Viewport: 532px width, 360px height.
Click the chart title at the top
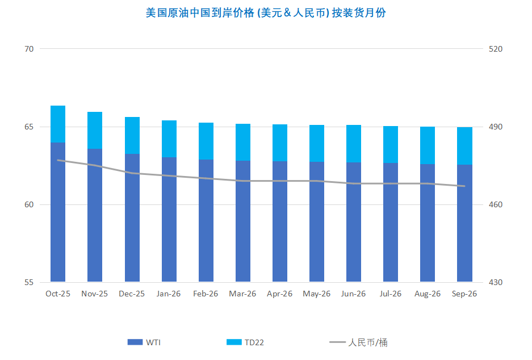coord(266,12)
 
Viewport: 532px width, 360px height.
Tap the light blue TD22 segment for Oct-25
coord(58,124)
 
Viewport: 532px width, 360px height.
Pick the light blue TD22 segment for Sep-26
coord(464,146)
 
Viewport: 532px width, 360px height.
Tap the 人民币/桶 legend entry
coord(359,342)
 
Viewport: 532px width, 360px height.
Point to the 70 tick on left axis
coord(29,49)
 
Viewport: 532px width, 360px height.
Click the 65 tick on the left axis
coord(29,127)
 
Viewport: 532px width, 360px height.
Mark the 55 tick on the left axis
coord(29,282)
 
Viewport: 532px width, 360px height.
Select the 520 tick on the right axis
coord(496,49)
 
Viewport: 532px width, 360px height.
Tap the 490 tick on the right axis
coord(496,127)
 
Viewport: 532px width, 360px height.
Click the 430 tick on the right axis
coord(496,282)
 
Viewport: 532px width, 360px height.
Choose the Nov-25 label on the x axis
coord(95,294)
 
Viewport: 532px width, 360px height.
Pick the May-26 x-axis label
coord(317,294)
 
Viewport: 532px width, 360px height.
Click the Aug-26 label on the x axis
coord(428,294)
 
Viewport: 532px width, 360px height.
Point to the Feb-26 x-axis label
coord(206,294)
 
